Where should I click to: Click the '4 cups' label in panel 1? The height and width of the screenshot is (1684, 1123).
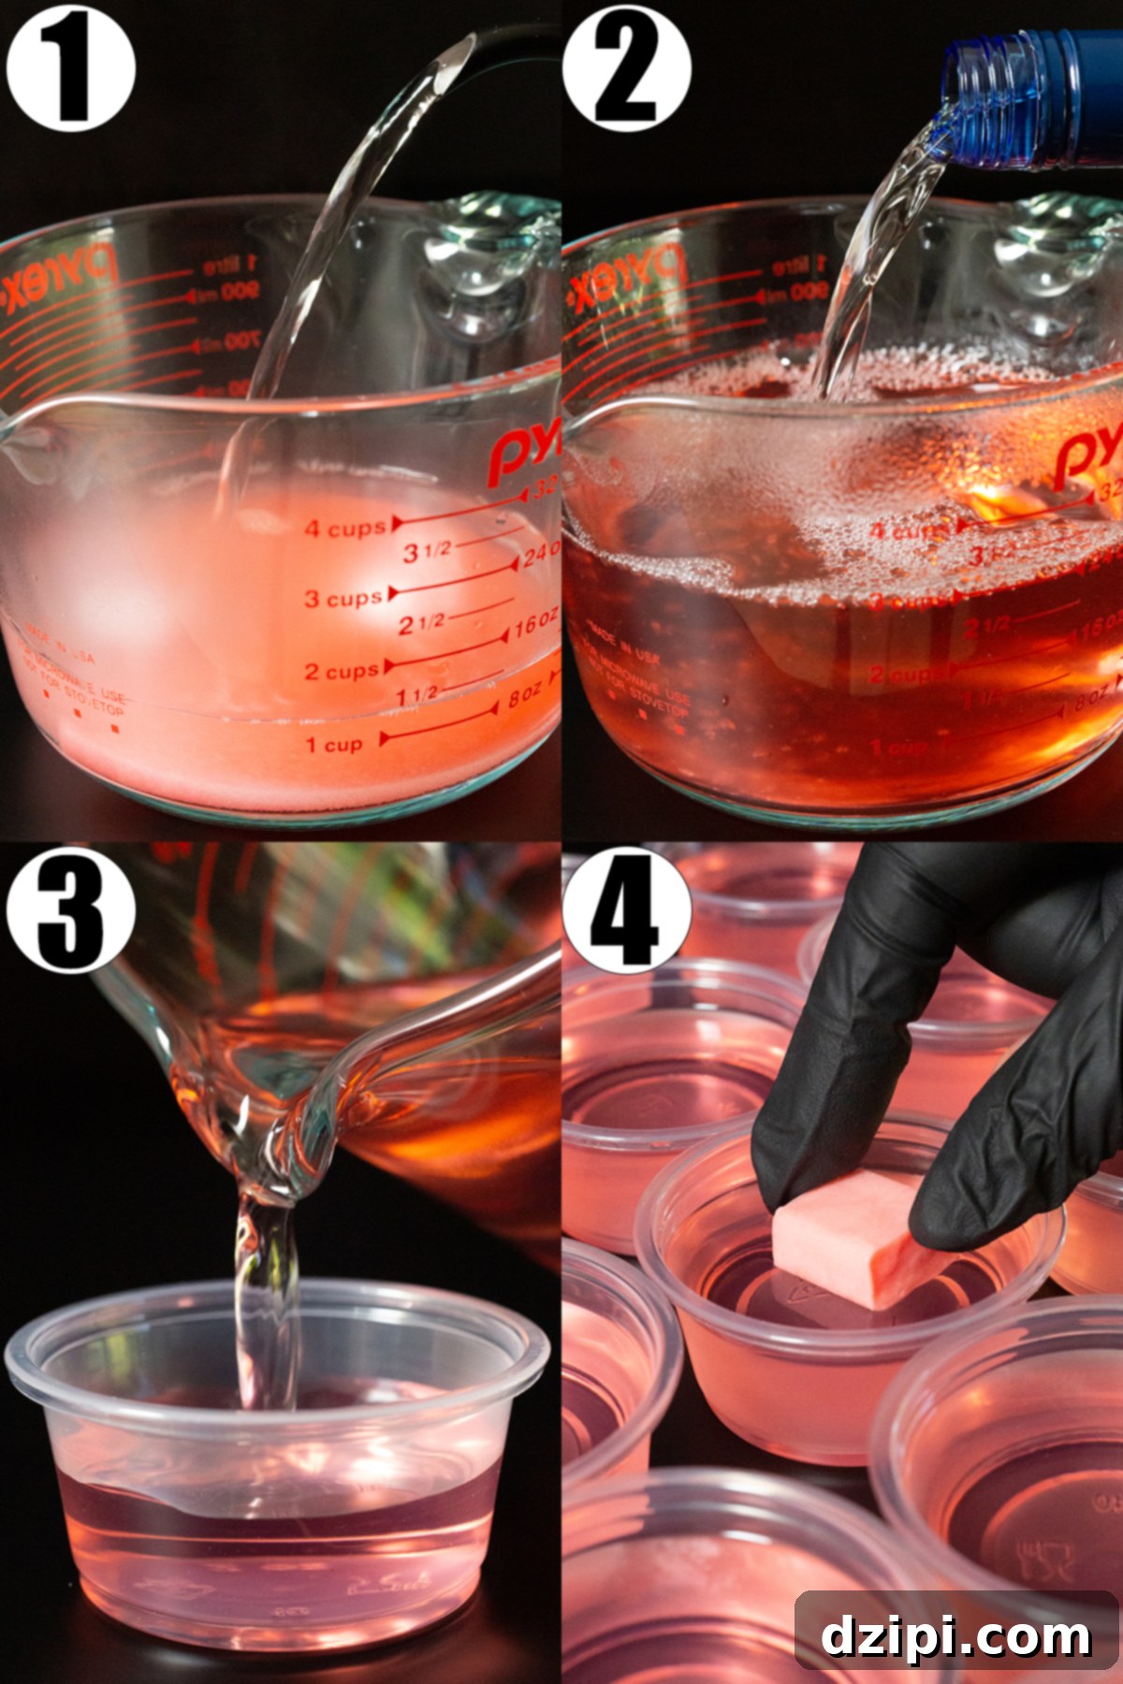click(x=345, y=529)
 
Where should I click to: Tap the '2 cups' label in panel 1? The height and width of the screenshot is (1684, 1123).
click(x=342, y=671)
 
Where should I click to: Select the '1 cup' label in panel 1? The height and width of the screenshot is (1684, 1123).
click(x=333, y=745)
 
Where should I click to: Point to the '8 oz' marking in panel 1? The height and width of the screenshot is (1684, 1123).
click(x=525, y=698)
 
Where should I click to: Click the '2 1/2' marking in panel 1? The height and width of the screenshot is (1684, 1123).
click(x=421, y=623)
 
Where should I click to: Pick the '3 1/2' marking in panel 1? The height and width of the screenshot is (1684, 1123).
click(x=427, y=552)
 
